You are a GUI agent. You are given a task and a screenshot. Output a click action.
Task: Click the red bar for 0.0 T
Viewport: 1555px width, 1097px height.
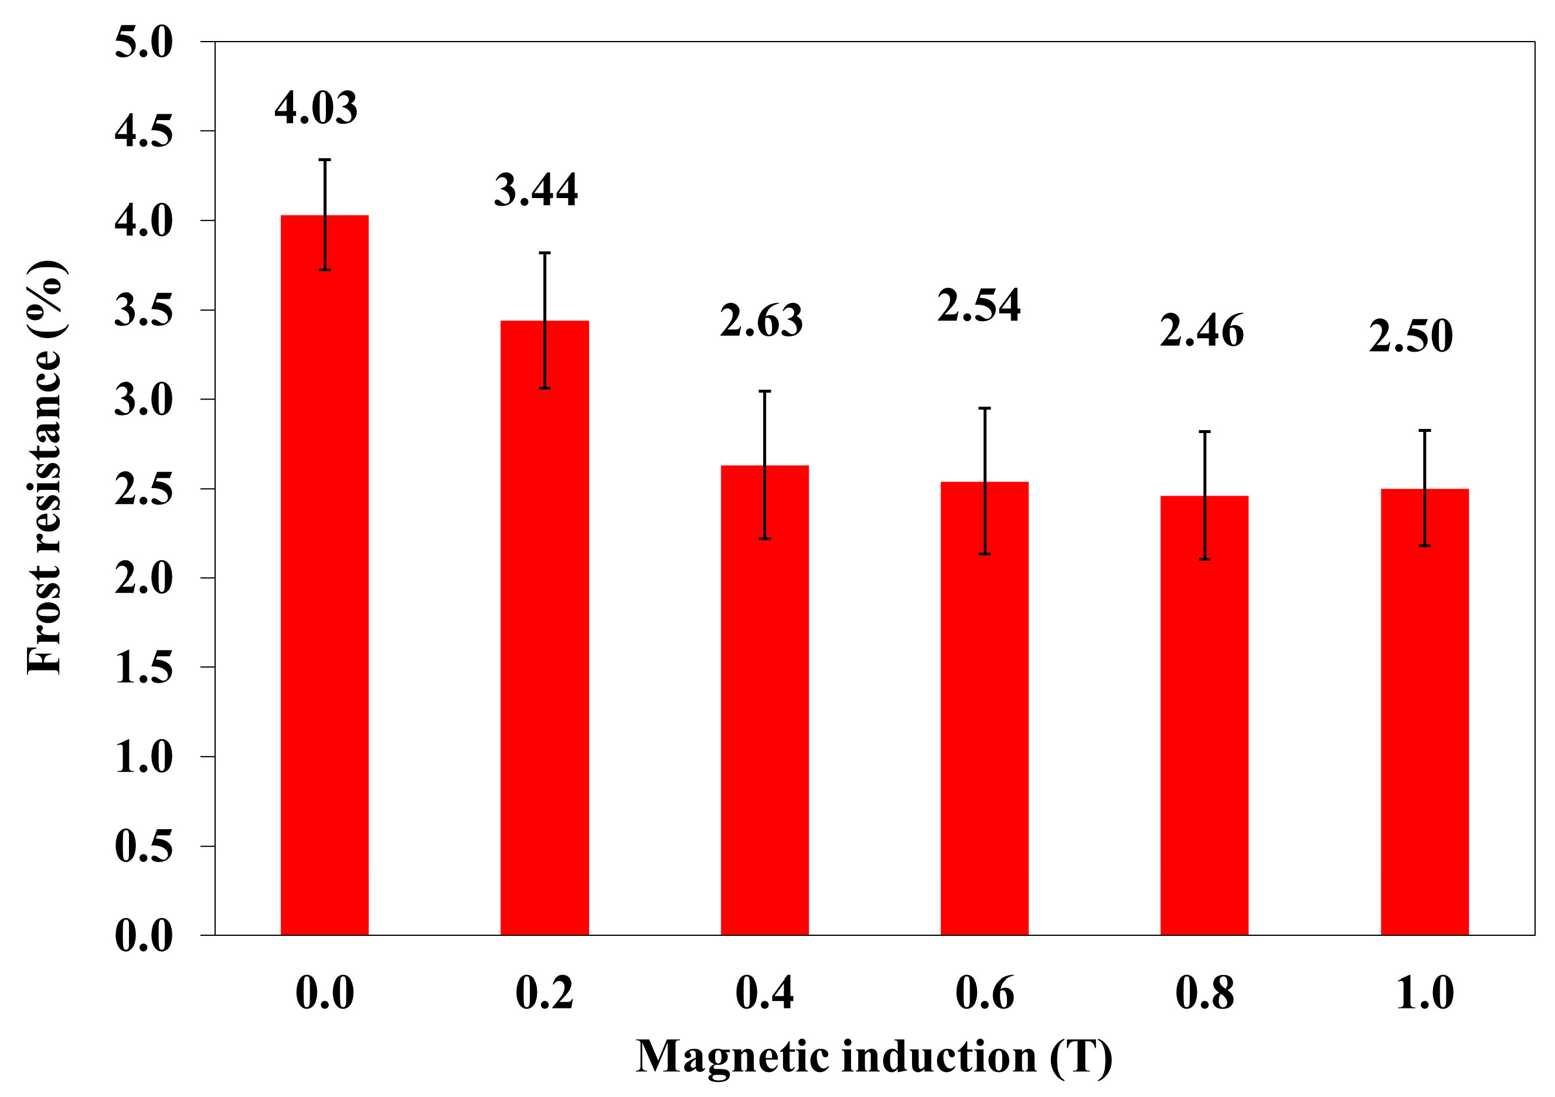point(324,575)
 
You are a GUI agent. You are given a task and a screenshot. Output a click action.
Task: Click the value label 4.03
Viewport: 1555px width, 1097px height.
point(315,108)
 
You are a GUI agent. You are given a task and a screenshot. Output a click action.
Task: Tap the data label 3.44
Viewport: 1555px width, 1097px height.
point(536,190)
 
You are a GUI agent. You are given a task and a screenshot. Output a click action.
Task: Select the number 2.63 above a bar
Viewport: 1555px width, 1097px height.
point(761,321)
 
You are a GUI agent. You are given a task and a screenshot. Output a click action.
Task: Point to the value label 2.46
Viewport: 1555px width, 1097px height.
point(1202,331)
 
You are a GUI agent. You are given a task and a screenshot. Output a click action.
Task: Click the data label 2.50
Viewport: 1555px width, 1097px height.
point(1411,336)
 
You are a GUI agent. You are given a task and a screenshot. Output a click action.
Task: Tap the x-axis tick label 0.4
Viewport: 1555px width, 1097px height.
point(765,993)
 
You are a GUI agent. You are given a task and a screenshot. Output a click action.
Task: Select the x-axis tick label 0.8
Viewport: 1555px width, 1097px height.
point(1204,993)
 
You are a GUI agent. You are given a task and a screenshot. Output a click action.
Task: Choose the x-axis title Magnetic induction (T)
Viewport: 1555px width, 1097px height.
point(874,1057)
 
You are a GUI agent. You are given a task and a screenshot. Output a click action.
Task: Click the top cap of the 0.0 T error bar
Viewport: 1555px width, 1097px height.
point(324,160)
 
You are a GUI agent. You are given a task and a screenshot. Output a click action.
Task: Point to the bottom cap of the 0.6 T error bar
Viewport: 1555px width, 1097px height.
point(984,554)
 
